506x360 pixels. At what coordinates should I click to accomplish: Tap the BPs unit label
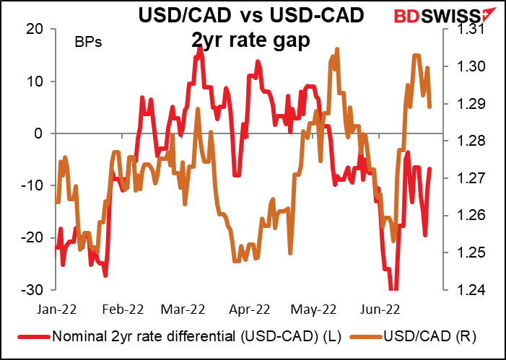pyautogui.click(x=88, y=42)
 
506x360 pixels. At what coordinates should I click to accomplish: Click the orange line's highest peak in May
pyautogui.click(x=337, y=50)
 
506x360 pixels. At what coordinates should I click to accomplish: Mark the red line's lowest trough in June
pyautogui.click(x=393, y=289)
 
